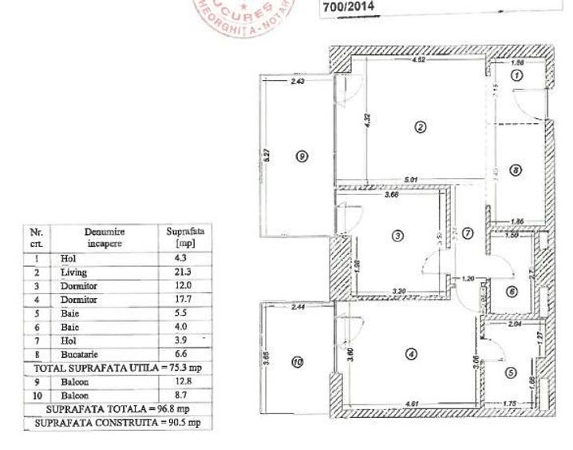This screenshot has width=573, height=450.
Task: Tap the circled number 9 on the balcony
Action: (301, 157)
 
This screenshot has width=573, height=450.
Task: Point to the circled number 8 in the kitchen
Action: (516, 170)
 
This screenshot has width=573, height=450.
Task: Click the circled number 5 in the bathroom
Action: (511, 372)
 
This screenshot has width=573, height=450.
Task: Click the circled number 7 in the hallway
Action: (468, 233)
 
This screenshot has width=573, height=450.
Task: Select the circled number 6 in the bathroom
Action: (512, 292)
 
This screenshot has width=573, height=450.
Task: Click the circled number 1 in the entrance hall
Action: (516, 75)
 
